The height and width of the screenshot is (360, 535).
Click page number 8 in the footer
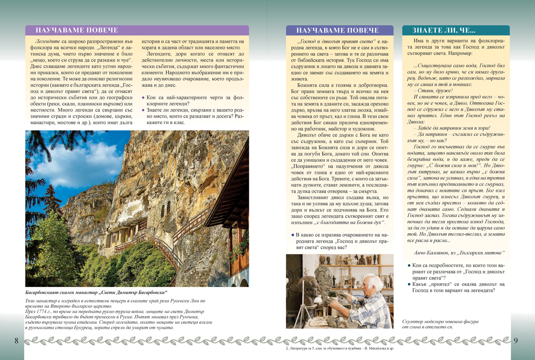tap(16, 341)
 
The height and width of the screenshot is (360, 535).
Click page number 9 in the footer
tap(515, 341)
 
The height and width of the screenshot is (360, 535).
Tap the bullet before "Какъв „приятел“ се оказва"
tap(409, 284)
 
